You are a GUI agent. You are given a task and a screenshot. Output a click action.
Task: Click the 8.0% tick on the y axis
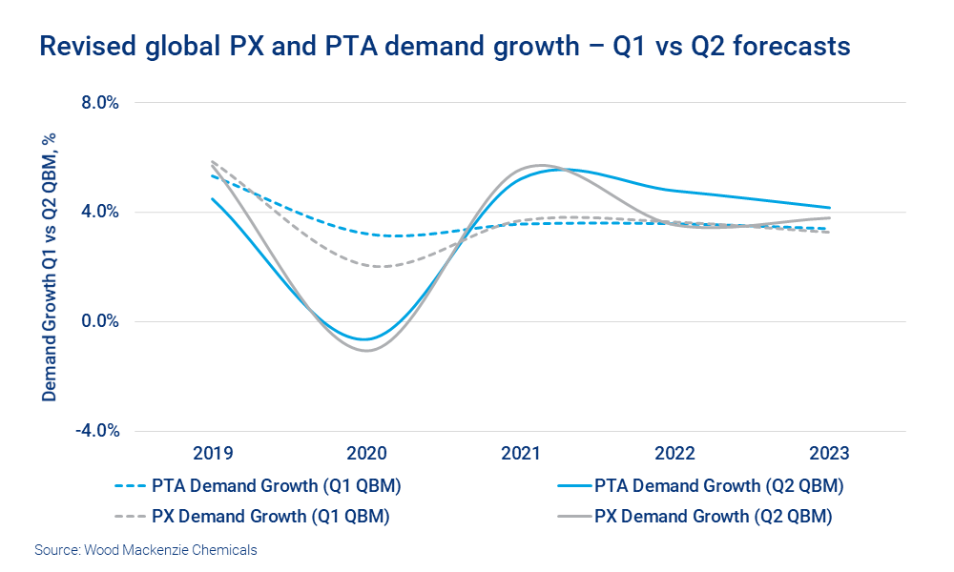[99, 102]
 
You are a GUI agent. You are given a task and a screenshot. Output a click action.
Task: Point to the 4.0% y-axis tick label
[99, 212]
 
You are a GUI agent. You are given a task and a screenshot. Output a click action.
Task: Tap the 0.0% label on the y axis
[99, 321]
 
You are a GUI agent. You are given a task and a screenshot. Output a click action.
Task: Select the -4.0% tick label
[97, 431]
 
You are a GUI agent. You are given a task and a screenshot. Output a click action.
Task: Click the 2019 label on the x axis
[212, 454]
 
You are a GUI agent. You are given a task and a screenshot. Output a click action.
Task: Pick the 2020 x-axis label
[365, 454]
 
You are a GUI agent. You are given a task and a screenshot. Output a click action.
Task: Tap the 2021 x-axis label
[520, 454]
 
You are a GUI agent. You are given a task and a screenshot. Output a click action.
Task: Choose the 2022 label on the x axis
[674, 454]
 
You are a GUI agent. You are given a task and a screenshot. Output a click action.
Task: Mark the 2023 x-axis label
[828, 454]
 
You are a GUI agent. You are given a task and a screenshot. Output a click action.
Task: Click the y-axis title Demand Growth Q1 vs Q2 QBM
[50, 266]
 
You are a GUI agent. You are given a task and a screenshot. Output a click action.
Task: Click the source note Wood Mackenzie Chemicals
[146, 550]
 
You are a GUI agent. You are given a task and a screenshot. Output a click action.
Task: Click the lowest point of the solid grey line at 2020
[366, 351]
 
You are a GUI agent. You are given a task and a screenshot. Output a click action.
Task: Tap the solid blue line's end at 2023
[829, 208]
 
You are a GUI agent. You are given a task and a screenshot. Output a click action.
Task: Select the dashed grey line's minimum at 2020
[381, 266]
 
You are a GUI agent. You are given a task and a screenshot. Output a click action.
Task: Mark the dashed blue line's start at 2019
[212, 176]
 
